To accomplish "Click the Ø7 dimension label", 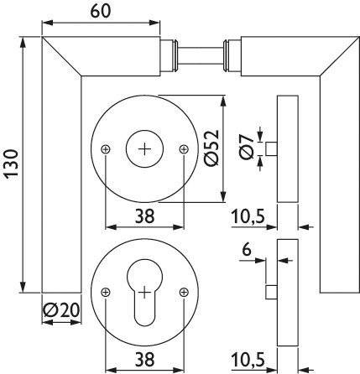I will pyautogui.click(x=246, y=148).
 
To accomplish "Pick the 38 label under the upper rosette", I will pyautogui.click(x=144, y=216).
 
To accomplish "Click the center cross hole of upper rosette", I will pyautogui.click(x=145, y=148).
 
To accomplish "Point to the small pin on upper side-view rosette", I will pyautogui.click(x=271, y=148).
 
